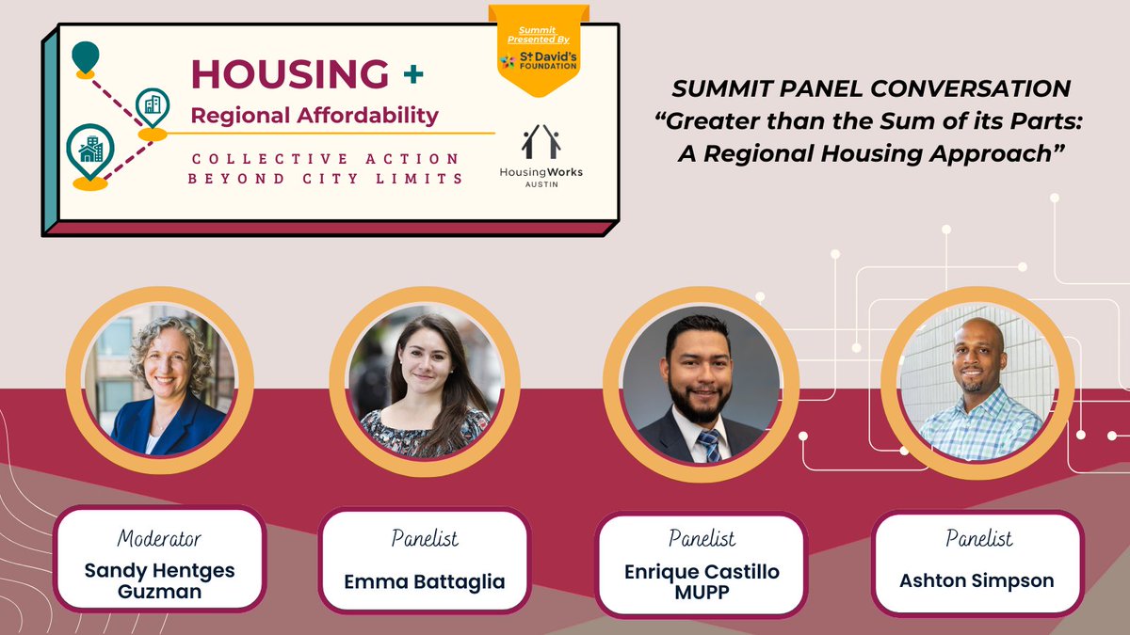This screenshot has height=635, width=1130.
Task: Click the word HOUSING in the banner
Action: pyautogui.click(x=290, y=74)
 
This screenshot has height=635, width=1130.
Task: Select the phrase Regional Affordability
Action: pyautogui.click(x=315, y=116)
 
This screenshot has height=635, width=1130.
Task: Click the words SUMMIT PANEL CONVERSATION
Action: pyautogui.click(x=870, y=89)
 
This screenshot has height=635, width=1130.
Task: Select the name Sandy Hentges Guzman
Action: pyautogui.click(x=159, y=580)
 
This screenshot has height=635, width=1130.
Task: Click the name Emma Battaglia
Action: pyautogui.click(x=425, y=581)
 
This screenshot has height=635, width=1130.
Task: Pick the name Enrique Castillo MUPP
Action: pyautogui.click(x=702, y=581)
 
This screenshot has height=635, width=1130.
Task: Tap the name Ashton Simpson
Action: pyautogui.click(x=977, y=580)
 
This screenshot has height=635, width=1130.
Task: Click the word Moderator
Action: pyautogui.click(x=159, y=539)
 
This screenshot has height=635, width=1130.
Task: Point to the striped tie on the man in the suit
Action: pyautogui.click(x=709, y=445)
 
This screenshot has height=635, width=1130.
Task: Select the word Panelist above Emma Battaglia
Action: pyautogui.click(x=425, y=539)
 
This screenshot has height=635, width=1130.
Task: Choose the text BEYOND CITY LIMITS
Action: pyautogui.click(x=326, y=178)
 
